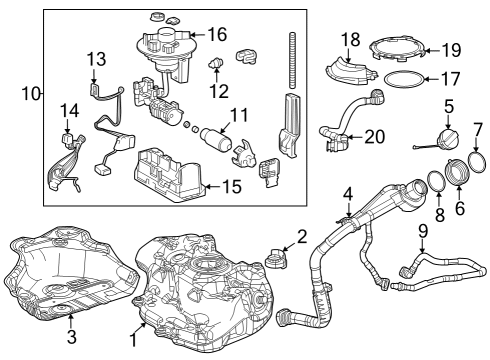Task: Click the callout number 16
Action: (217, 34)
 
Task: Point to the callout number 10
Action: (31, 94)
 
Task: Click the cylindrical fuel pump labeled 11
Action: (216, 138)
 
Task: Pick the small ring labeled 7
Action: (477, 162)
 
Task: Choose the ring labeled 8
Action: (436, 181)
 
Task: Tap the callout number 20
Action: (375, 137)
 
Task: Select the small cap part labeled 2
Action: (275, 258)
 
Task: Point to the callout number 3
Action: (72, 337)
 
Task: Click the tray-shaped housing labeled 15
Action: (170, 175)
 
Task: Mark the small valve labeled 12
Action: (216, 63)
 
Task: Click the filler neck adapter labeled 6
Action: (458, 171)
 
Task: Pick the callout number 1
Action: (133, 341)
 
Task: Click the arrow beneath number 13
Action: (94, 76)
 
